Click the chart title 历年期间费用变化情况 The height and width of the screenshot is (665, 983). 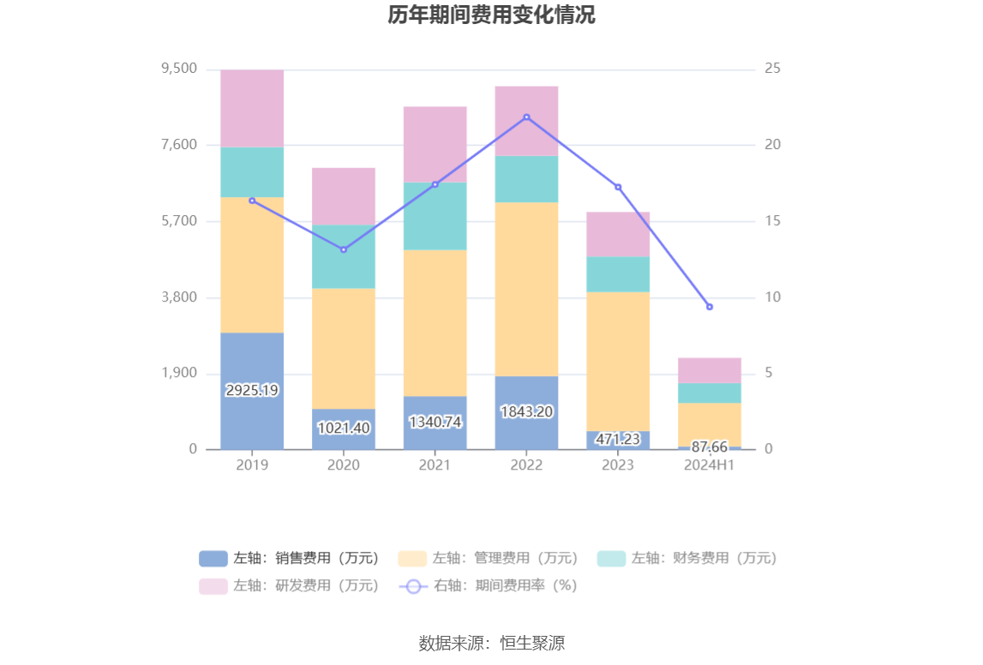coord(491,15)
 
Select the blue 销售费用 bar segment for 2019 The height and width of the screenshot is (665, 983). coord(252,360)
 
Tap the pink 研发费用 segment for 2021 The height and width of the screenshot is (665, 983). coord(435,144)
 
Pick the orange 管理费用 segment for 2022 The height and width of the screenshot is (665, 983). coord(526,289)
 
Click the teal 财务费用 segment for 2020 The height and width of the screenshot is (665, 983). coord(344,256)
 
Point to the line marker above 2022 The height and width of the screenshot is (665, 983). coord(526,117)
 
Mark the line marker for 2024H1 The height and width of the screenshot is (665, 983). coord(710,307)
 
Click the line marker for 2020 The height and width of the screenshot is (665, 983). coord(344,249)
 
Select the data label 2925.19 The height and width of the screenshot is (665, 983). coord(252,390)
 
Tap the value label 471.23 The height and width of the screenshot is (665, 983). coord(618,439)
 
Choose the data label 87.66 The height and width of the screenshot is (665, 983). coord(710,446)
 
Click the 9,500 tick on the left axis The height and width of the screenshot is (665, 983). coord(180,69)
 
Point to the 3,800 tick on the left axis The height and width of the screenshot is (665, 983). coord(180,297)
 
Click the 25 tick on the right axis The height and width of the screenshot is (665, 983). coord(772,69)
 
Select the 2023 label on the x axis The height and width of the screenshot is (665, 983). coord(618,464)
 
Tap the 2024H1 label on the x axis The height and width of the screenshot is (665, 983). coord(710,464)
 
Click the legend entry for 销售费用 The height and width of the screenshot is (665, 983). coord(289,558)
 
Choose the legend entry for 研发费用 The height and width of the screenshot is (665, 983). coord(289,585)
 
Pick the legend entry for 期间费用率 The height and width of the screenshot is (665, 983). coord(489,585)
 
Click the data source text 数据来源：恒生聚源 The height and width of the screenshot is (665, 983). coord(491,643)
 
